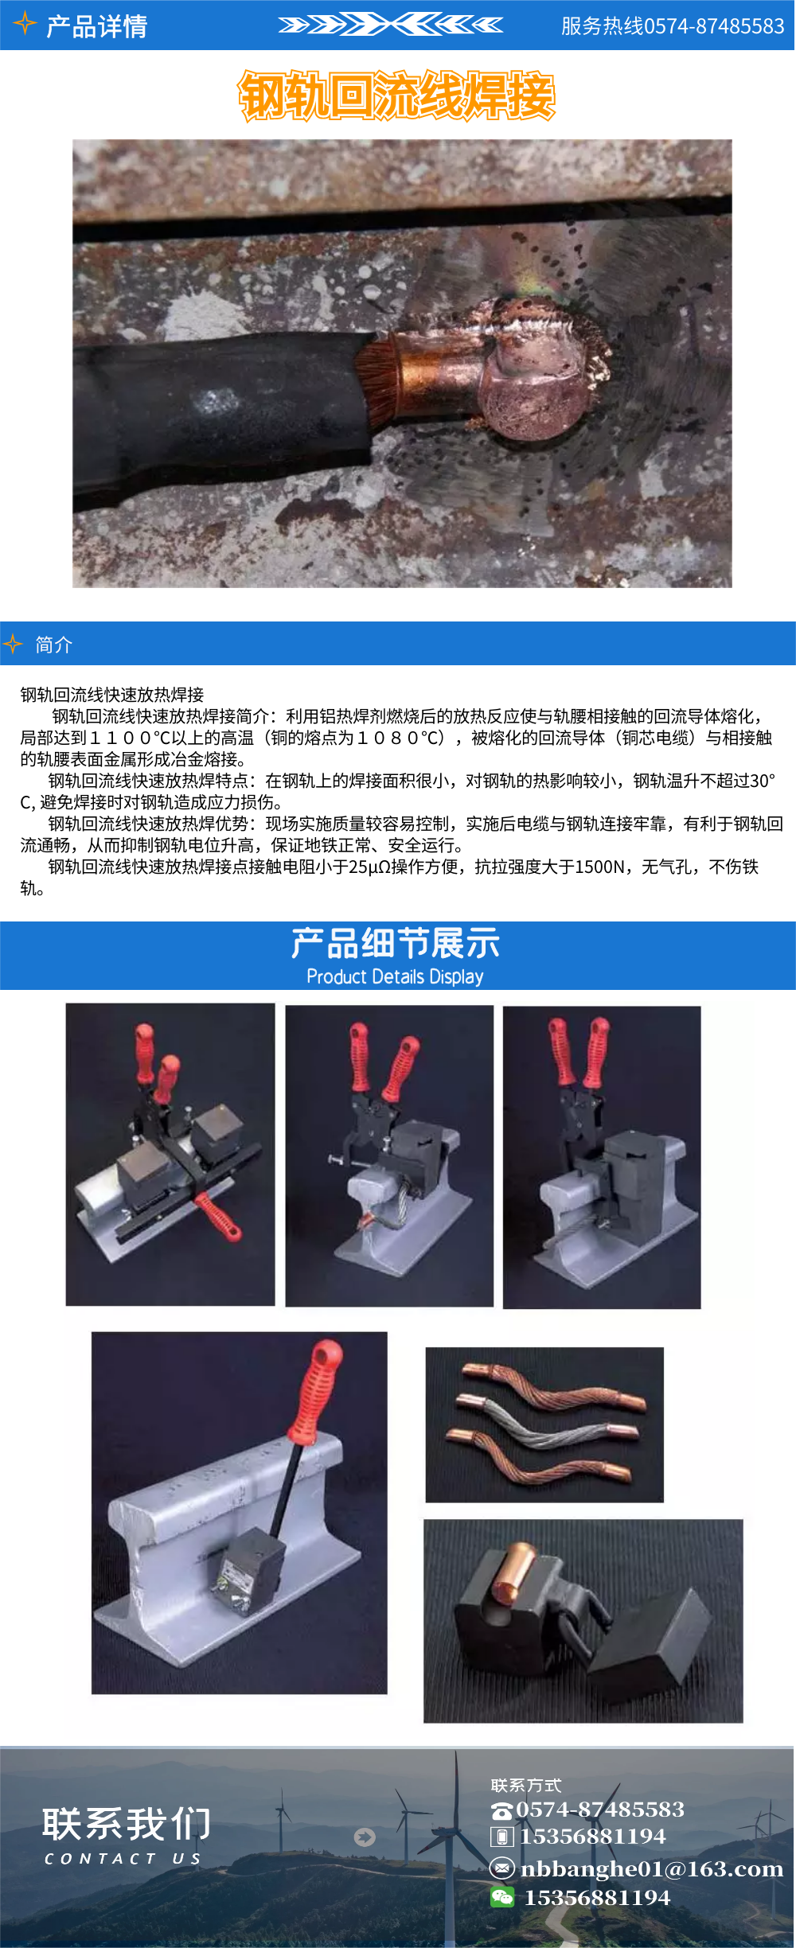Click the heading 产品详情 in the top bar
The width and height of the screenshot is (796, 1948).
pos(96,26)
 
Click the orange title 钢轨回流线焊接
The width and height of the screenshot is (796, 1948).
pos(396,96)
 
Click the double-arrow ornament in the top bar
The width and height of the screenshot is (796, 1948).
pos(390,25)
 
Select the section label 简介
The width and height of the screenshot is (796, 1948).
pos(54,645)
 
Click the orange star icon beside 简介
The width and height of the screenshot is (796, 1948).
pos(13,644)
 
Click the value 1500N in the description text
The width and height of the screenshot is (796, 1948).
pos(599,867)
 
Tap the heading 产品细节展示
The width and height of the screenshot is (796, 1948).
pos(395,944)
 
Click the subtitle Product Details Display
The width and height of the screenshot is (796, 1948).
pos(395,976)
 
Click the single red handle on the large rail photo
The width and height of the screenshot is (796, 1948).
pos(317,1393)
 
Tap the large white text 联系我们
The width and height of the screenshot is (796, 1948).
pos(127,1823)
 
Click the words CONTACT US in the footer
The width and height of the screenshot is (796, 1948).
pos(123,1859)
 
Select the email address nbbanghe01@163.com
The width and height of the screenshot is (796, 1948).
pos(651,1869)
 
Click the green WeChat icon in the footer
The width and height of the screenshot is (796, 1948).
pos(502,1897)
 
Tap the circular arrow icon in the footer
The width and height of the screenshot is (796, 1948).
pos(365,1837)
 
